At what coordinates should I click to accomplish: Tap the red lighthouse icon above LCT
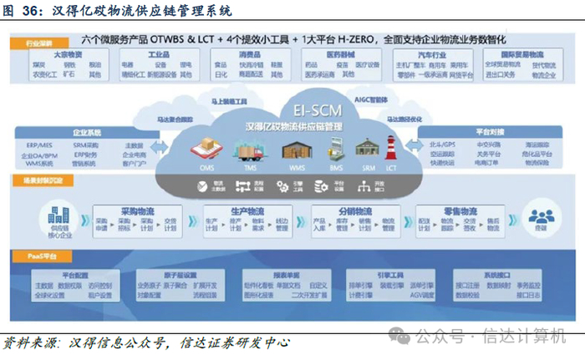click(390, 148)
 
